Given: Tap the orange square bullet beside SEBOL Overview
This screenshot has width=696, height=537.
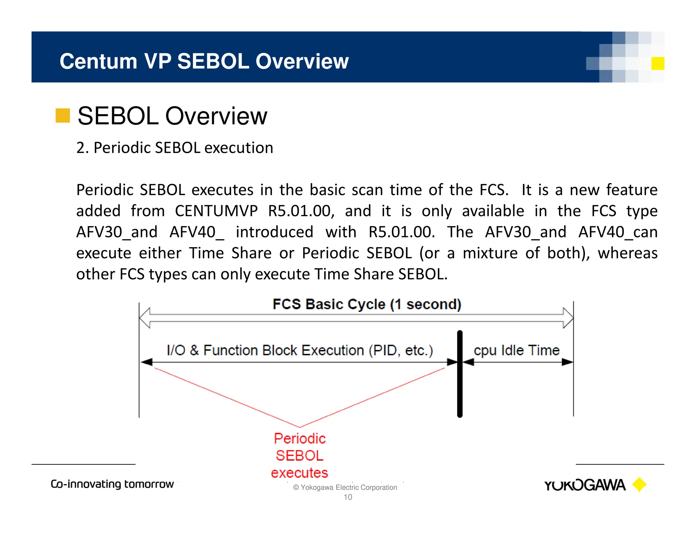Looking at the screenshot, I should coord(63,115).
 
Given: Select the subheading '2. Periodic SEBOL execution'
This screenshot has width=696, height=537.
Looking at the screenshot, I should coord(175,148).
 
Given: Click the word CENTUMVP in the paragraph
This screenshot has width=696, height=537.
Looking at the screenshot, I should coord(216,211).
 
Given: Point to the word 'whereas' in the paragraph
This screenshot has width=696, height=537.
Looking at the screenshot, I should coord(628,253).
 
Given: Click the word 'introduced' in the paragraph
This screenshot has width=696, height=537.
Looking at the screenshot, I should coord(274,232).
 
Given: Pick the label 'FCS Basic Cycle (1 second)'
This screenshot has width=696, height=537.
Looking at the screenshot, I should coord(367,304).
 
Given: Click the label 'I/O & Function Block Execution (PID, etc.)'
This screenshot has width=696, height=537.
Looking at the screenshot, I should coord(300,350).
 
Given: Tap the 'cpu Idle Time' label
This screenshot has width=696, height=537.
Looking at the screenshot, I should coord(517,350).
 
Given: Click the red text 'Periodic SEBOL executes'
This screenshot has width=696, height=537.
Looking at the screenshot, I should coord(299,456).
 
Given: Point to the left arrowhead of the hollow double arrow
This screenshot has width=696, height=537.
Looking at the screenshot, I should coord(145,318).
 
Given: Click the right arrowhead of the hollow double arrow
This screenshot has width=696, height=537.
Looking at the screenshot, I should coord(568,318).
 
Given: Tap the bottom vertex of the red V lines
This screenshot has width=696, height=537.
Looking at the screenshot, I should coord(299,427).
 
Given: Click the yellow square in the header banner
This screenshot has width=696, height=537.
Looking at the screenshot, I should coord(658,63).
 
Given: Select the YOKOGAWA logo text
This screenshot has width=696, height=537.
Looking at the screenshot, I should coord(585,485).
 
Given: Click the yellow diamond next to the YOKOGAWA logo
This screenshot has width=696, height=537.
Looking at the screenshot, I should coord(639,484).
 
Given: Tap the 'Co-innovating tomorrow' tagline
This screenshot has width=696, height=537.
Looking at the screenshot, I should coord(112,484).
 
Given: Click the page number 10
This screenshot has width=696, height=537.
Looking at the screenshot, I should coord(348,497).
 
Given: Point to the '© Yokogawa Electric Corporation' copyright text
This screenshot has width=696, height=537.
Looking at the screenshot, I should coord(345,487).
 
